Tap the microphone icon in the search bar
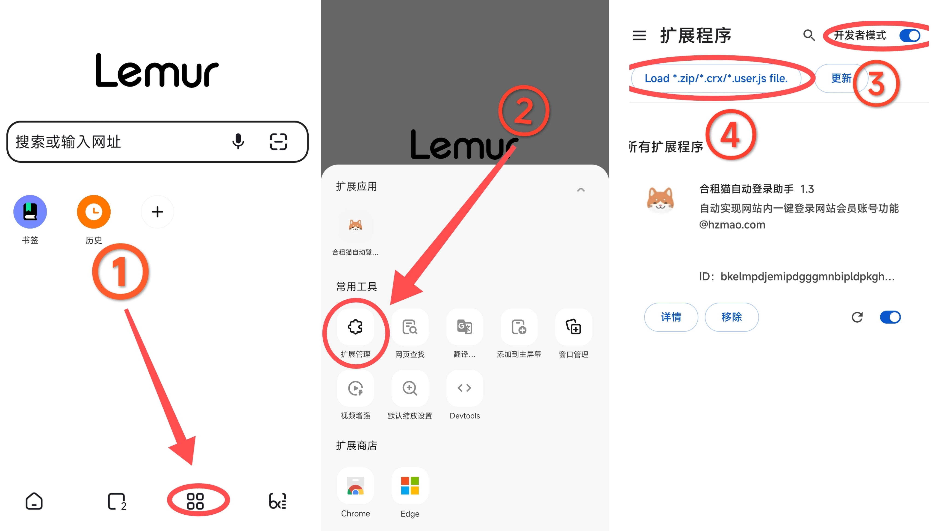(238, 142)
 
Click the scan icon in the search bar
(278, 142)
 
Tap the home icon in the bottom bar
(34, 501)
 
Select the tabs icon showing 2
(117, 501)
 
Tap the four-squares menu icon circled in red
(195, 501)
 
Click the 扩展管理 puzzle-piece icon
(355, 327)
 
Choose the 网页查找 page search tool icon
(410, 327)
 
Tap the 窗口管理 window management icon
(573, 327)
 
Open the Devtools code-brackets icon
(464, 388)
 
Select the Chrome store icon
(355, 486)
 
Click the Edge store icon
(410, 486)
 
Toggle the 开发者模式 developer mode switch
(910, 35)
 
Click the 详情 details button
(671, 317)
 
